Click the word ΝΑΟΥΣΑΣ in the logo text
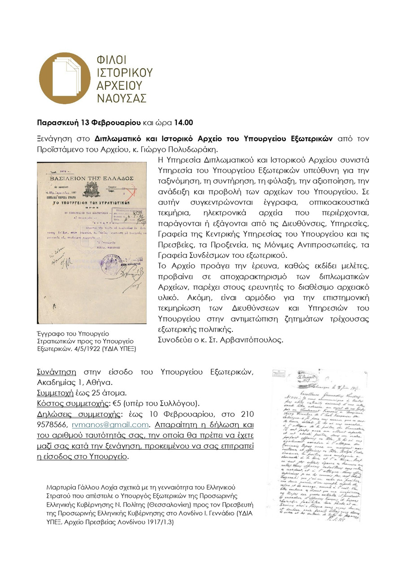pyautogui.click(x=122, y=97)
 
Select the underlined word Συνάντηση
pyautogui.click(x=57, y=372)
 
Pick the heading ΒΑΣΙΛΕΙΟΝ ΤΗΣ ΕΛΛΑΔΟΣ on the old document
pyautogui.click(x=91, y=178)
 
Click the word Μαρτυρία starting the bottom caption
pyautogui.click(x=61, y=487)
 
